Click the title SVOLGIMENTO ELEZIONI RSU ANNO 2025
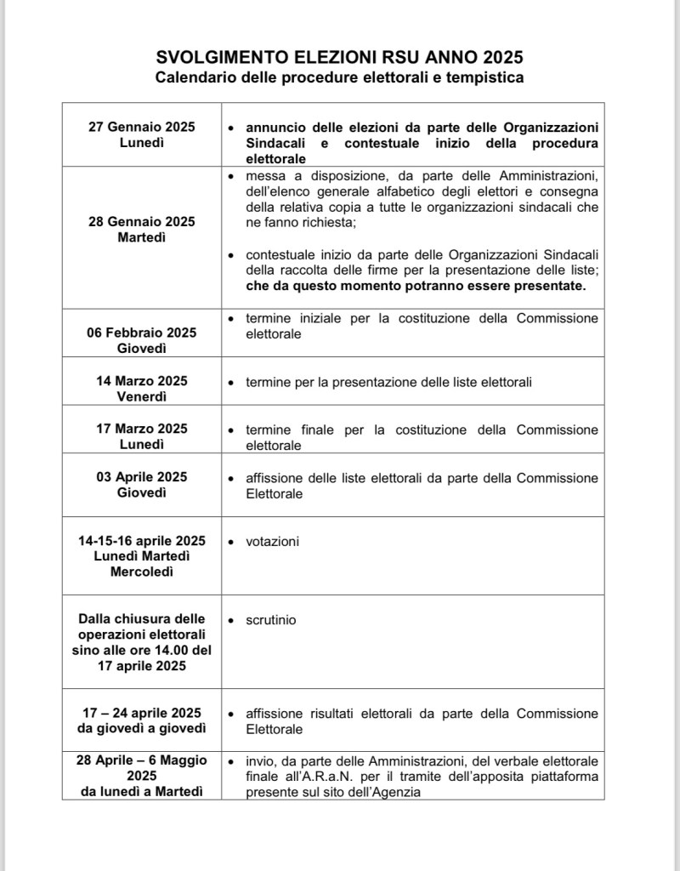pyautogui.click(x=339, y=58)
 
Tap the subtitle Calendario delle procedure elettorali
pyautogui.click(x=339, y=78)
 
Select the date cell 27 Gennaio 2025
pyautogui.click(x=141, y=127)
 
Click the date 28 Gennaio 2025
pyautogui.click(x=141, y=221)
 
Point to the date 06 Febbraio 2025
pyautogui.click(x=141, y=333)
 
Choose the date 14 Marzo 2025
pyautogui.click(x=141, y=381)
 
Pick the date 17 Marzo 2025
pyautogui.click(x=141, y=429)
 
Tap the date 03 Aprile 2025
pyautogui.click(x=141, y=477)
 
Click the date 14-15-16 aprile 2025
pyautogui.click(x=141, y=541)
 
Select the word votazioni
pyautogui.click(x=272, y=541)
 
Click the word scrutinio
pyautogui.click(x=271, y=620)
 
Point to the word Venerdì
pyautogui.click(x=141, y=397)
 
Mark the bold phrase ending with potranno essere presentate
pyautogui.click(x=416, y=286)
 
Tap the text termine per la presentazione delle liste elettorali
pyautogui.click(x=388, y=382)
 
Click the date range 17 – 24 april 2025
pyautogui.click(x=141, y=713)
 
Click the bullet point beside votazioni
pyautogui.click(x=230, y=542)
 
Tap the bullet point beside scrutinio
pyautogui.click(x=230, y=621)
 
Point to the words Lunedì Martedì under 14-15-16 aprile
pyautogui.click(x=141, y=556)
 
